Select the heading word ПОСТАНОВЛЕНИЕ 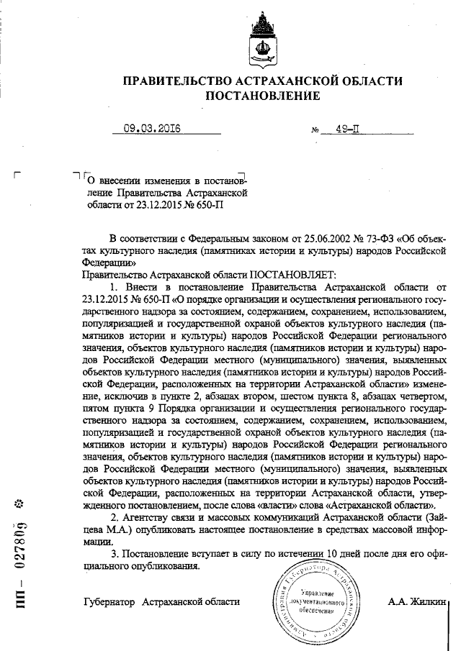coord(260,96)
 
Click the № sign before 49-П coord(315,131)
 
